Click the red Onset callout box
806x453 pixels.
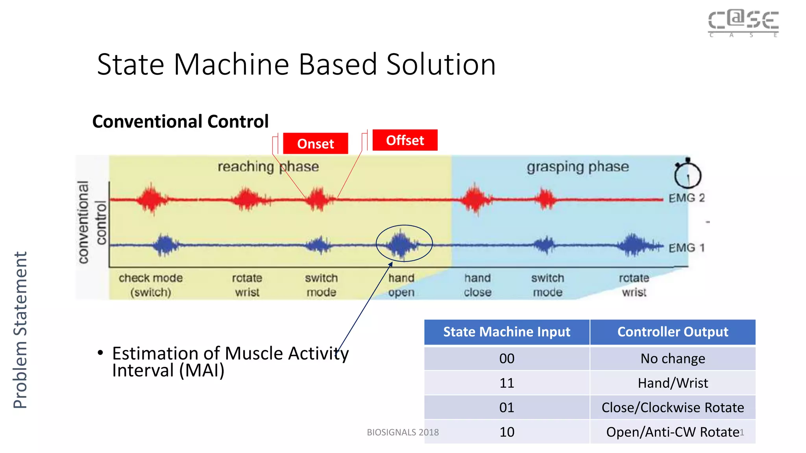point(315,144)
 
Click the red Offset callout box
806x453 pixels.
point(405,140)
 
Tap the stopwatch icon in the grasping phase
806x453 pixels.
point(687,174)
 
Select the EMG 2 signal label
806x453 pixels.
point(686,198)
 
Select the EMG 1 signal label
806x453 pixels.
point(686,248)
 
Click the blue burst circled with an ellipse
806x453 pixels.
point(402,244)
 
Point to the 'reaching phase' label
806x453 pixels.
point(268,166)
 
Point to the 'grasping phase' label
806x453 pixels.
point(577,167)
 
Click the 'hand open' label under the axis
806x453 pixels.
point(401,285)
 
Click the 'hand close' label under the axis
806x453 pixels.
point(477,285)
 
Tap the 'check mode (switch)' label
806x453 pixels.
point(151,285)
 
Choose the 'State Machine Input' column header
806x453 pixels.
point(507,332)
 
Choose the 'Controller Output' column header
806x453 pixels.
point(672,332)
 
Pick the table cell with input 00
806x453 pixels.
point(507,358)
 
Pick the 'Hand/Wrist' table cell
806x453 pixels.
point(672,383)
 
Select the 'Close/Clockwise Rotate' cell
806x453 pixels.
point(672,407)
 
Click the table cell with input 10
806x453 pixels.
point(507,432)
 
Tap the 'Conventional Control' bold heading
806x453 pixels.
point(180,121)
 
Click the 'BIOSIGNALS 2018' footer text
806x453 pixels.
point(403,432)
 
